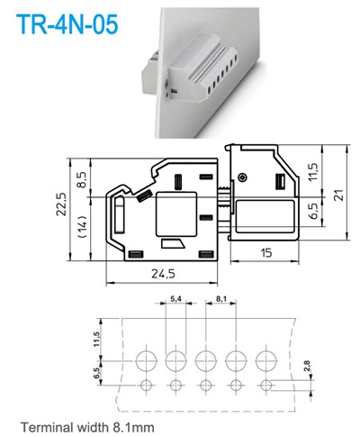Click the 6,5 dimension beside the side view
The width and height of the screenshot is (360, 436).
[x=312, y=213]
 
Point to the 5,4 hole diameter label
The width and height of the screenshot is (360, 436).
[x=175, y=297]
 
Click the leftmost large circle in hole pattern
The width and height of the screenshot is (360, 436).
[x=146, y=362]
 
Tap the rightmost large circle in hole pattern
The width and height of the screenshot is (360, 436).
[x=265, y=362]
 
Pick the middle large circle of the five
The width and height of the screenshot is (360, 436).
[x=205, y=362]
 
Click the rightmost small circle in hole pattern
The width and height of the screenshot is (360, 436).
[x=265, y=386]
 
